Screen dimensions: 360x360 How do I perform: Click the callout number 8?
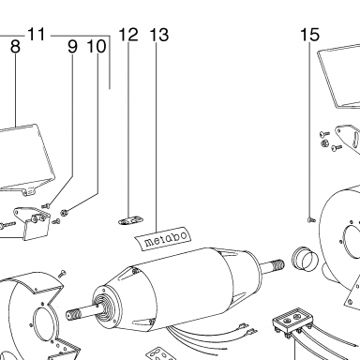tap(15, 47)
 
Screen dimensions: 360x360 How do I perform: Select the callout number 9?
tap(72, 47)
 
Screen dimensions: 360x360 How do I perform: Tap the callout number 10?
tap(97, 47)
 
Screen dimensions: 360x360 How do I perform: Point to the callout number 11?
tap(37, 34)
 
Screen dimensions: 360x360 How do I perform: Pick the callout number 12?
tap(128, 35)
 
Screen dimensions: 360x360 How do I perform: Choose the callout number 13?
tap(159, 35)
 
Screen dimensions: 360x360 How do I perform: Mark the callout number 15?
tap(310, 35)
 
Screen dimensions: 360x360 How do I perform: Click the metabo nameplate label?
tap(163, 237)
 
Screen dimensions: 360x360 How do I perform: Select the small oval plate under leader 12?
tap(130, 220)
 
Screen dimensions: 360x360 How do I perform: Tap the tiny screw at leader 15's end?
tap(311, 220)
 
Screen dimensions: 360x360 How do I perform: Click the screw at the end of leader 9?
tap(46, 206)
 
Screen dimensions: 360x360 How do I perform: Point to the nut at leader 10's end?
tap(65, 213)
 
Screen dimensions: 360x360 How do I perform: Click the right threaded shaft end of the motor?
tap(277, 265)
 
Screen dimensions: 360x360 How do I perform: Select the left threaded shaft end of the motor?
tap(76, 313)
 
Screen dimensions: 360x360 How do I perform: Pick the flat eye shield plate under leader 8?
tap(24, 158)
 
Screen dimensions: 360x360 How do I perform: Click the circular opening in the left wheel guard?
tap(44, 325)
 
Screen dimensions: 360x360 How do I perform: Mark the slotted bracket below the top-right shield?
tap(348, 137)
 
